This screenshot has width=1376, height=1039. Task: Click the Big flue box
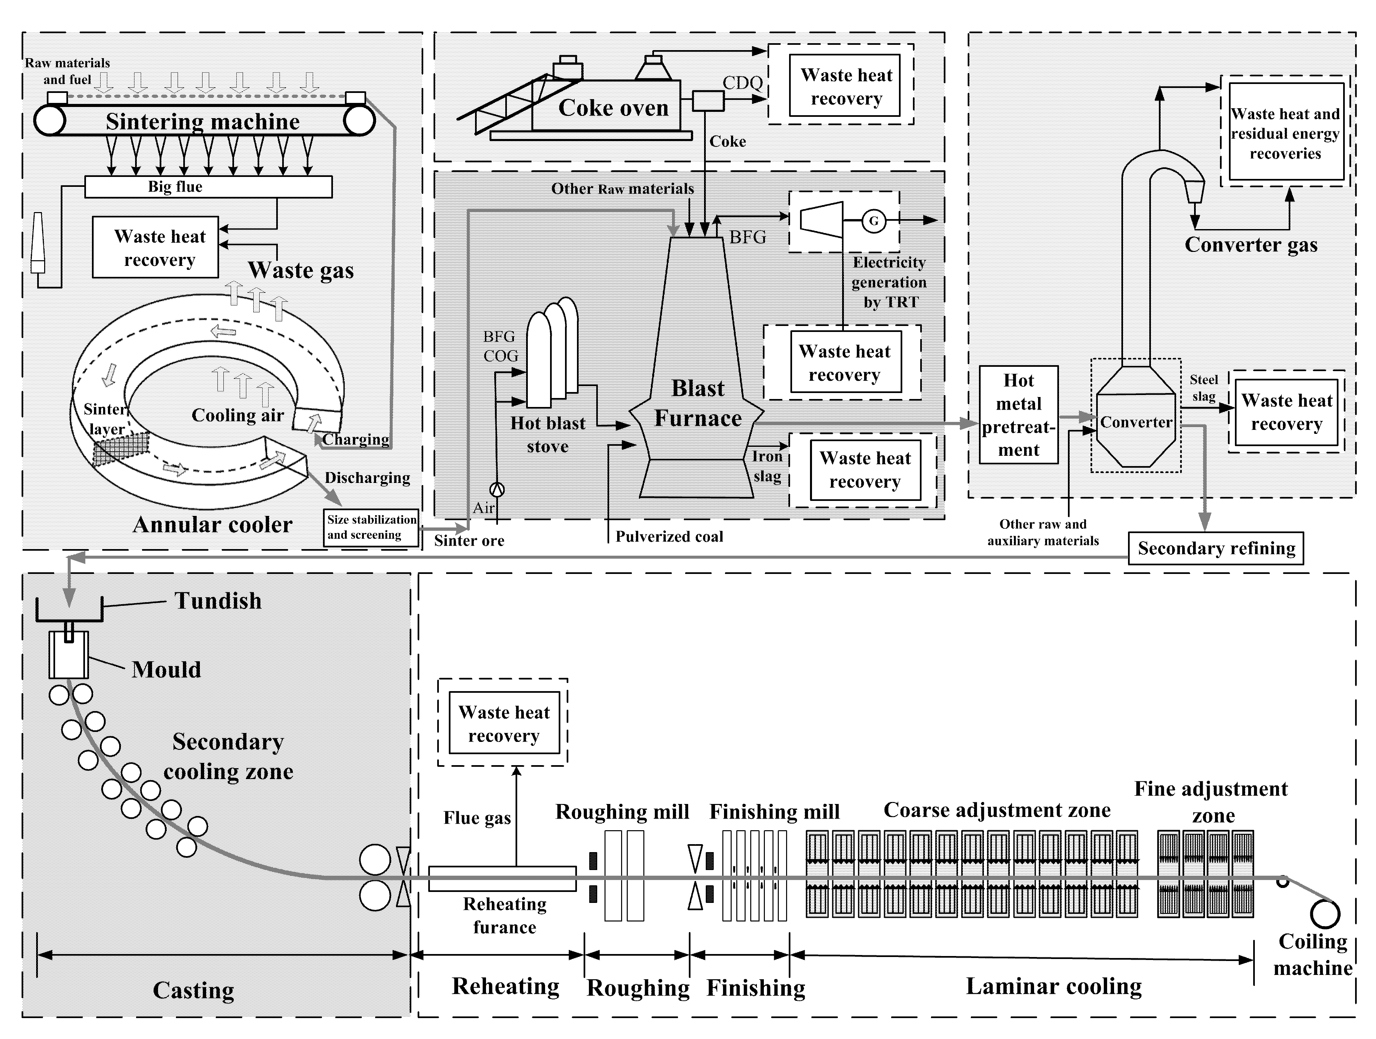(x=208, y=187)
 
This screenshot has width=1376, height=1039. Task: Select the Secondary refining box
(x=1216, y=548)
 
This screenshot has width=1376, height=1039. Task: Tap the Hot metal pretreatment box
(x=1019, y=415)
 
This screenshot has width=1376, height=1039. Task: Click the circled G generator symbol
(x=874, y=221)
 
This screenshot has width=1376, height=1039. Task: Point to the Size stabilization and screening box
(x=371, y=527)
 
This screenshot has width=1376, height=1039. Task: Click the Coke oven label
(x=613, y=108)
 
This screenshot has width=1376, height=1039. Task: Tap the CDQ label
(x=743, y=83)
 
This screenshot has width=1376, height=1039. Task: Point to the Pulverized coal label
(x=669, y=536)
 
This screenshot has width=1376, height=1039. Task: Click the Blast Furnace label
(x=698, y=403)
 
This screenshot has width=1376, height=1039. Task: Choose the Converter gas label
(x=1251, y=245)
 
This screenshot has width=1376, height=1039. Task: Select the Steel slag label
(x=1204, y=388)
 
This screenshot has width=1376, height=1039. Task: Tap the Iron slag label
(x=767, y=466)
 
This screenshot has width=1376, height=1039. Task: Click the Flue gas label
(x=477, y=818)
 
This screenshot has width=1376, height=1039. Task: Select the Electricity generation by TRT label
(x=889, y=282)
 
